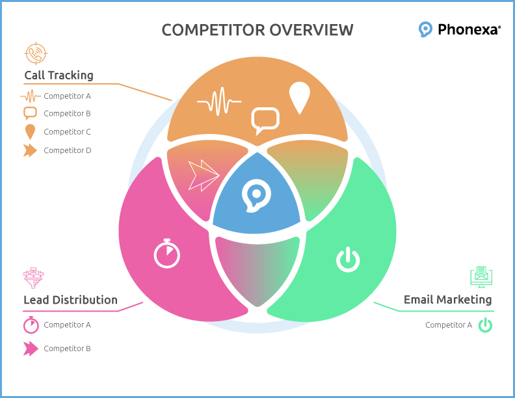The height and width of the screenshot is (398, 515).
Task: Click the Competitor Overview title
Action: click(257, 30)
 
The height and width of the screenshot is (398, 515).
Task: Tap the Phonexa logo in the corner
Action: click(460, 29)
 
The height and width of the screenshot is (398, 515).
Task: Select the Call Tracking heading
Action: click(59, 75)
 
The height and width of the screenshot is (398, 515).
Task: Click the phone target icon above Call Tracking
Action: click(36, 53)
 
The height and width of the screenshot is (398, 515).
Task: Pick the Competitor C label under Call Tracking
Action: click(68, 131)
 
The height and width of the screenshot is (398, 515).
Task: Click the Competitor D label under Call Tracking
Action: click(68, 150)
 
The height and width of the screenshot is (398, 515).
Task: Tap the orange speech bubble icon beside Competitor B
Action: click(30, 113)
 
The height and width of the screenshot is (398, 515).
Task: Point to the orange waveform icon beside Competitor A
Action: click(31, 96)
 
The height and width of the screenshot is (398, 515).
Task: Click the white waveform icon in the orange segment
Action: click(219, 101)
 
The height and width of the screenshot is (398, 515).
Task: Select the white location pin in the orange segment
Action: click(300, 98)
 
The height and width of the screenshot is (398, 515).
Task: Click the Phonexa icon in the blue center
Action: click(256, 196)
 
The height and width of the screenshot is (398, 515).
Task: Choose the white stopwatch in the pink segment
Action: click(167, 254)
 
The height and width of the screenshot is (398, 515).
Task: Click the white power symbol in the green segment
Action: click(348, 260)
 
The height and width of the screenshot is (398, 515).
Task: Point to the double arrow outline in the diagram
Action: click(204, 175)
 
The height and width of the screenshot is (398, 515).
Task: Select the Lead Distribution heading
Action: click(71, 300)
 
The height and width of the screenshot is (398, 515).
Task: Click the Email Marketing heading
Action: click(447, 300)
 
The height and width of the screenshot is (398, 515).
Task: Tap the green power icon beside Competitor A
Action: click(485, 325)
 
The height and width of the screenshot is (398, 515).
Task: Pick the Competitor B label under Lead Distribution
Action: click(68, 349)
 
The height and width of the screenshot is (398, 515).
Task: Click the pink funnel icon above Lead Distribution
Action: click(33, 278)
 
